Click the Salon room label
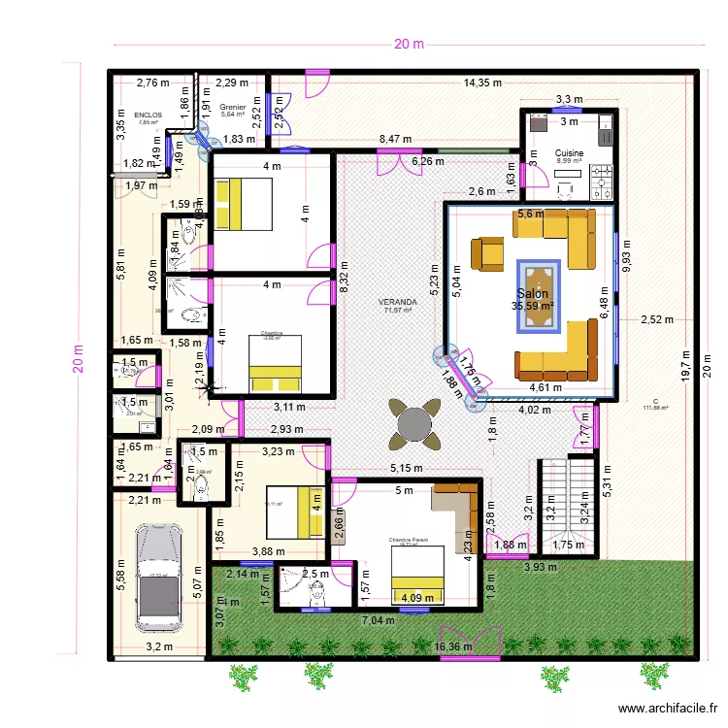coord(533,294)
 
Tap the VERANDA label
coord(399,302)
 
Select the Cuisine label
coord(570,153)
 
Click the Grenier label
coord(233,107)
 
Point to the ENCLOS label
coord(149,115)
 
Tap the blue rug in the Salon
coord(538,294)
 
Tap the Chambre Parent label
coord(409,540)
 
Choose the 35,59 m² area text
coord(533,307)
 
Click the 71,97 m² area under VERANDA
coord(399,311)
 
